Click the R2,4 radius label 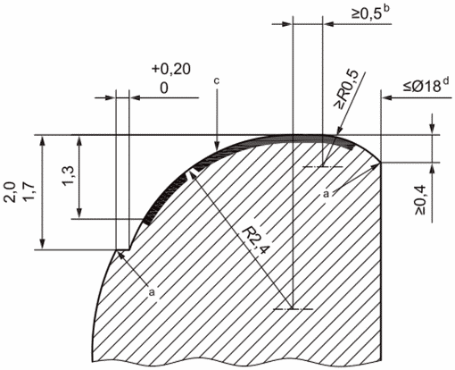(x=255, y=240)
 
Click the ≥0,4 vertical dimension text (x=421, y=200)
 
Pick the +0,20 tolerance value (x=171, y=69)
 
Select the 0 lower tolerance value (x=164, y=88)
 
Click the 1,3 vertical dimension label (x=69, y=175)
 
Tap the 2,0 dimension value (x=12, y=193)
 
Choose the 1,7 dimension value (x=30, y=193)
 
